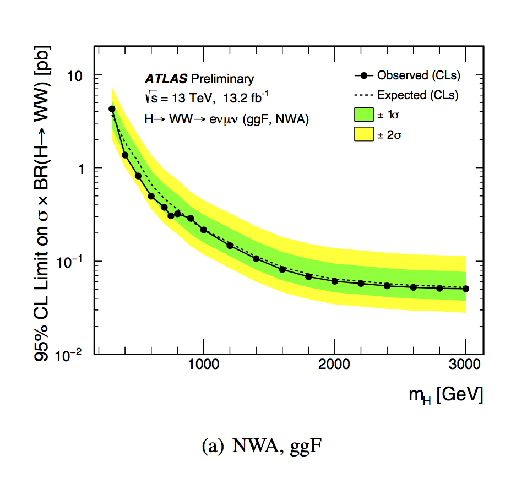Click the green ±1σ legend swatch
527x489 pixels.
363,115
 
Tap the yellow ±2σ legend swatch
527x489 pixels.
363,134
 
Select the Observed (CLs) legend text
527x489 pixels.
419,75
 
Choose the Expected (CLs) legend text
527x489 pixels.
418,95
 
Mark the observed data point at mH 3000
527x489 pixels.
466,289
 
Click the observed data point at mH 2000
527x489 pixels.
335,281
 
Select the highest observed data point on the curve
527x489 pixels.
112,109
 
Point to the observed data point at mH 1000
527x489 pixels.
204,230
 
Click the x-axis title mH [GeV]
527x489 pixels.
447,394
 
